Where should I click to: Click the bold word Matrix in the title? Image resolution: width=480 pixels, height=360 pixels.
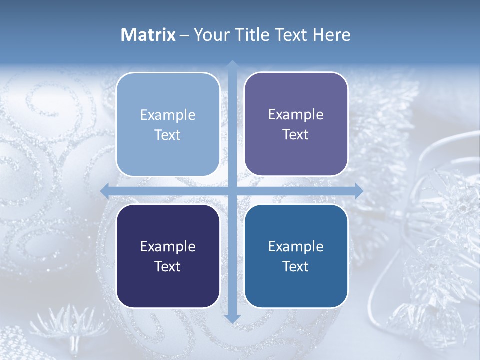pos(148,35)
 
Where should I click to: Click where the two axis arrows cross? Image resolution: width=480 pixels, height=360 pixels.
pos(232,191)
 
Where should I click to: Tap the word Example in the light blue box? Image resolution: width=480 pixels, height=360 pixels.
pos(168,115)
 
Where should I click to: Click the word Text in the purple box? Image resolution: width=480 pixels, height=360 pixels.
pos(296,135)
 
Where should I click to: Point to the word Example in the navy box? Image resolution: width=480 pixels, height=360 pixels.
pos(168,247)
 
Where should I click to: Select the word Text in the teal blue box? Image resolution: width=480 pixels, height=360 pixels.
pos(296,266)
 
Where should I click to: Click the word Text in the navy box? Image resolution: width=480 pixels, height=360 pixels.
pos(168,266)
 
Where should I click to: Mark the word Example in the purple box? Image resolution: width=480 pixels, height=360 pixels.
pos(296,115)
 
